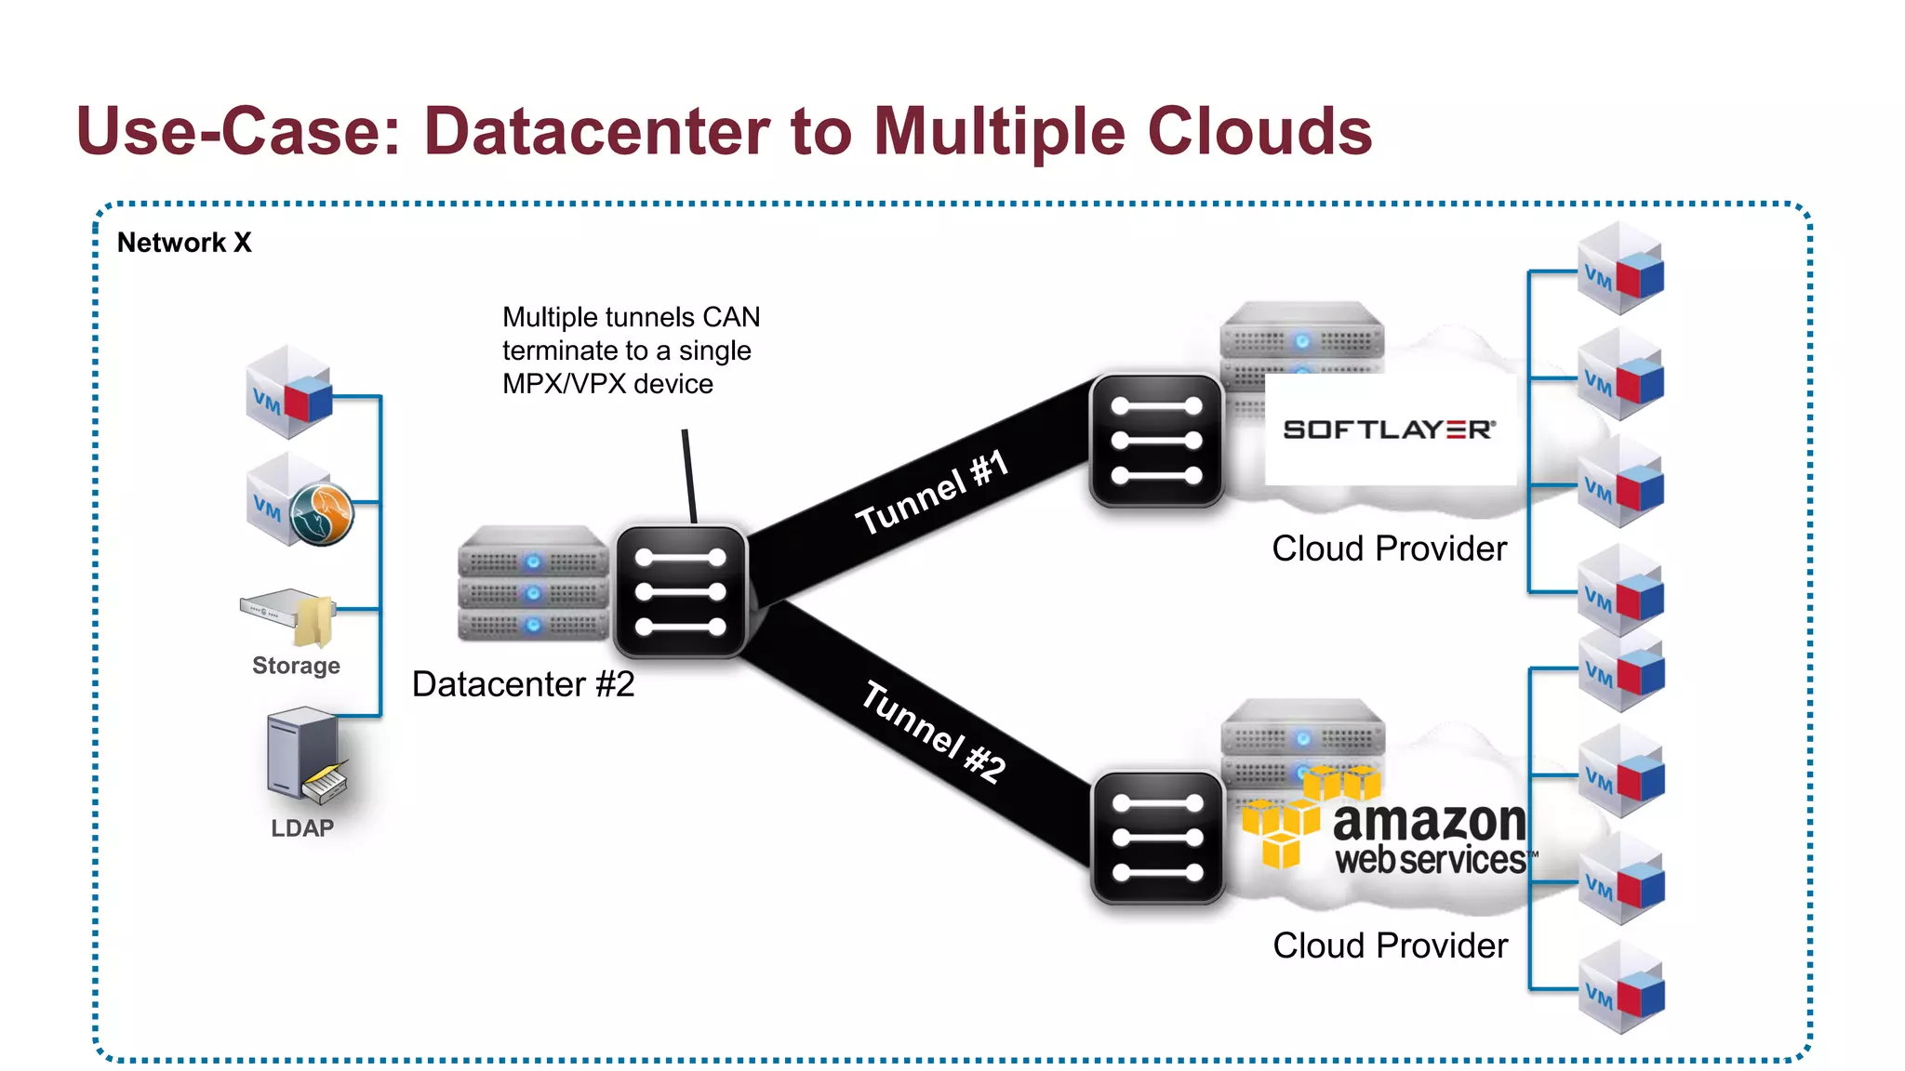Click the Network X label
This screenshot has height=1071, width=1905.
(184, 243)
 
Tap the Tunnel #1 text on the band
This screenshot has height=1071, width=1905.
(932, 492)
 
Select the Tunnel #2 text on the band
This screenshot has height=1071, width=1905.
(933, 732)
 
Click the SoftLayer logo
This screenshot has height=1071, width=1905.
(1390, 430)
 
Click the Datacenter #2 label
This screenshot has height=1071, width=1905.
(523, 684)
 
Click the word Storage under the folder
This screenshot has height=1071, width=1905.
(296, 666)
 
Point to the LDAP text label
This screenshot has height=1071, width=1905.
(301, 827)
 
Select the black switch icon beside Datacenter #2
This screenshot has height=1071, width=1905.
(680, 592)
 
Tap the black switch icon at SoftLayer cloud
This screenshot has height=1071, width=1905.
(1156, 441)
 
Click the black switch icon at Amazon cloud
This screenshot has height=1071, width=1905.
(1157, 838)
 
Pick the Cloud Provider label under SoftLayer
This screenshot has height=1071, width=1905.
(1389, 549)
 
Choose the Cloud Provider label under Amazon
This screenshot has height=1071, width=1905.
(1390, 945)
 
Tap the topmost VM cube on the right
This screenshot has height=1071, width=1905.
(1620, 269)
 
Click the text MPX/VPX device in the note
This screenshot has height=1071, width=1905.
(607, 384)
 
